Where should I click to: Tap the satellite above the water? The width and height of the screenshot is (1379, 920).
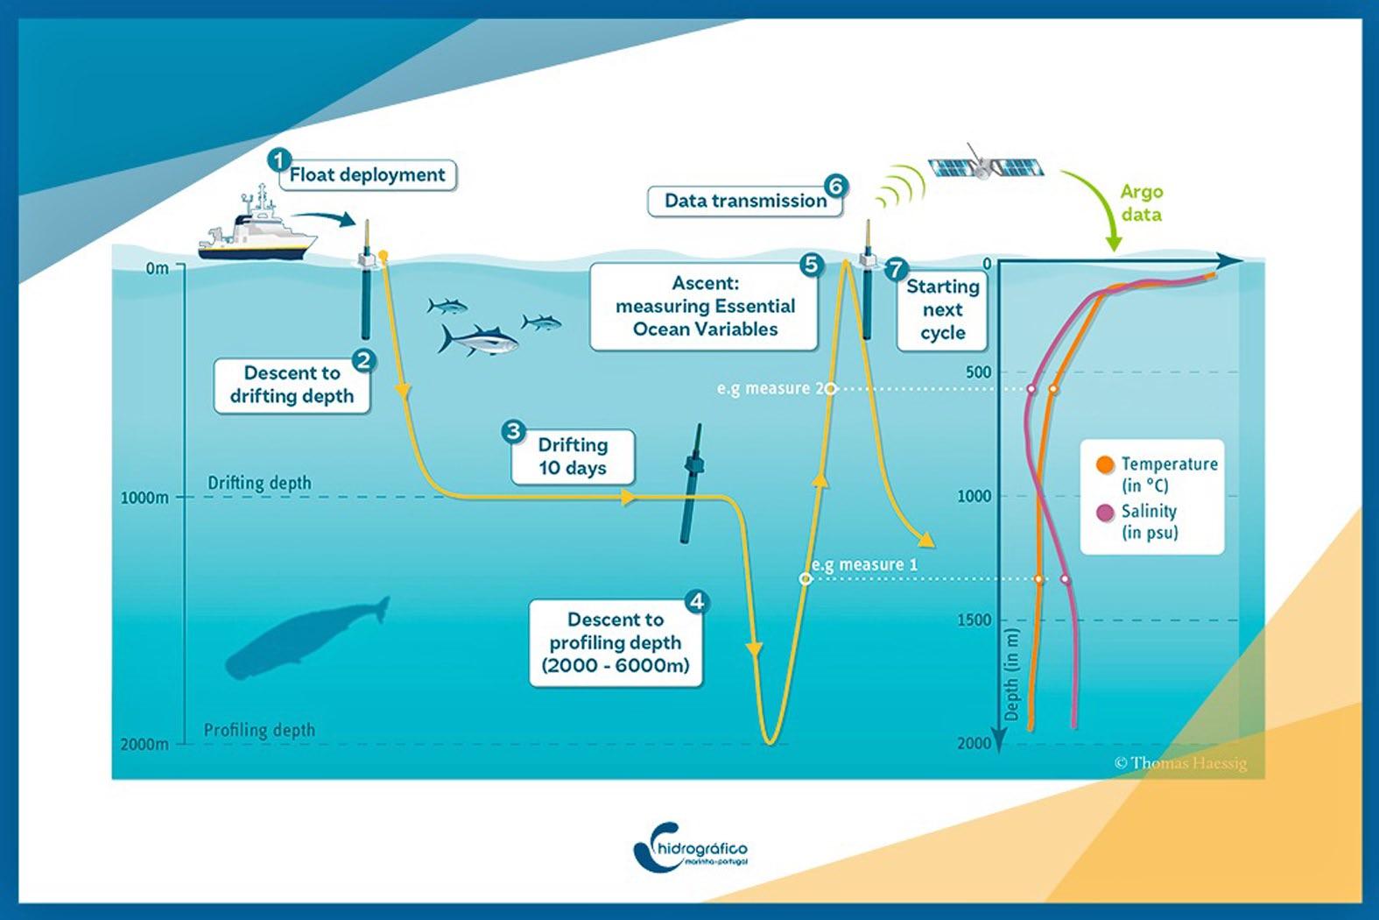[x=985, y=165]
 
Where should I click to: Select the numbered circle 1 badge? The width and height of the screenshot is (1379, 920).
[x=279, y=160]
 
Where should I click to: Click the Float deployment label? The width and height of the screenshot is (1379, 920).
[x=367, y=175]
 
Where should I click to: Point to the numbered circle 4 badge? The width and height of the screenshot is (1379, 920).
[x=696, y=601]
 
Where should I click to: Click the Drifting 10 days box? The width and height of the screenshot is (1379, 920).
[x=573, y=456]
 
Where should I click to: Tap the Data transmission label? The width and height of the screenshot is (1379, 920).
[x=745, y=201]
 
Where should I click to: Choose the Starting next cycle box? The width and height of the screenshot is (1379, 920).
[x=942, y=309]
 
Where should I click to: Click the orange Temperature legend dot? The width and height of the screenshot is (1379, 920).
[x=1105, y=464]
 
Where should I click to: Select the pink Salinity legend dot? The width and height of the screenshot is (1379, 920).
[x=1105, y=512]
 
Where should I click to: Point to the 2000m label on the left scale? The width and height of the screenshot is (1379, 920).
[x=144, y=744]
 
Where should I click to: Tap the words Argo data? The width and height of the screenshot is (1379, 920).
[x=1142, y=203]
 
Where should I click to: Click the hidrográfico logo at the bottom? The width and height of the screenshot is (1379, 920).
[x=691, y=848]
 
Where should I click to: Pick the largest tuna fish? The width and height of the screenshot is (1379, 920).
[x=477, y=340]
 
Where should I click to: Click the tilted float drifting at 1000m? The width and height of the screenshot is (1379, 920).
[x=692, y=484]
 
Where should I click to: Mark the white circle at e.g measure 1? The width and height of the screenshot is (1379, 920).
[x=806, y=578]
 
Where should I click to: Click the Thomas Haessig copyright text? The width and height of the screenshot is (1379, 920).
[x=1180, y=763]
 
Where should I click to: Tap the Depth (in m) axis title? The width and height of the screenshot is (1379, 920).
[x=1012, y=675]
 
